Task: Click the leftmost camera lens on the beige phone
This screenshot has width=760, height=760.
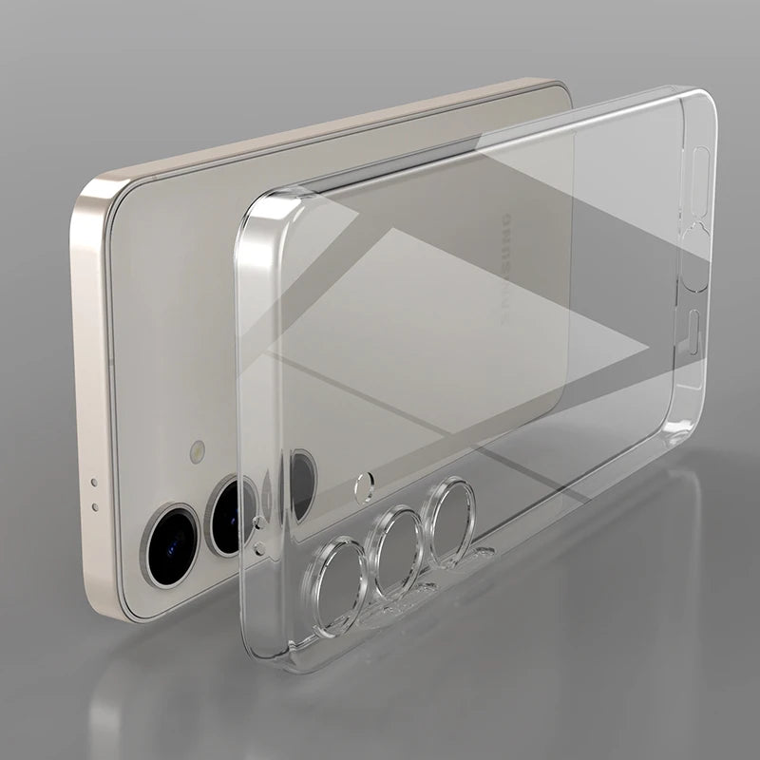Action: (168, 537)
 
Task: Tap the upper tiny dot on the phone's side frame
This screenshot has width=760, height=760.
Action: (92, 481)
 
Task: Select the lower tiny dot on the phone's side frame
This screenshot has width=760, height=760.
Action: (94, 494)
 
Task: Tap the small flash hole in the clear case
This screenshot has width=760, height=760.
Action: (362, 488)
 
